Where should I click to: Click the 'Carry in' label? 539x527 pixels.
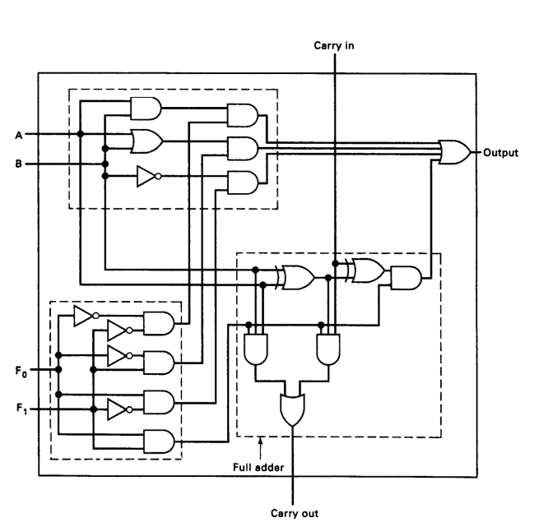coord(335,46)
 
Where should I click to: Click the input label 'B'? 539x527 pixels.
coord(30,164)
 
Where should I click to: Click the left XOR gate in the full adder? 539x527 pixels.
coord(295,278)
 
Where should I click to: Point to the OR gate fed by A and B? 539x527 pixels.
coord(146,141)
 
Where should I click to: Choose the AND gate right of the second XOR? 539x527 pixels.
coord(407,278)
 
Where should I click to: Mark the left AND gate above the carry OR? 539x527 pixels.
coord(259,349)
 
